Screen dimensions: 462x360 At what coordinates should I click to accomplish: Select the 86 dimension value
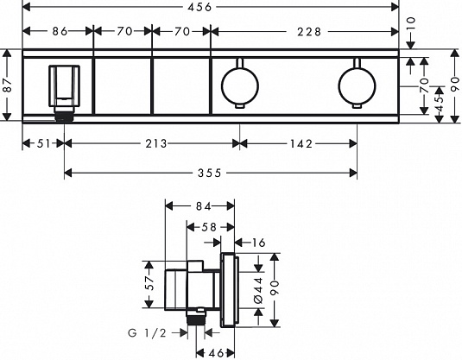tap(60, 31)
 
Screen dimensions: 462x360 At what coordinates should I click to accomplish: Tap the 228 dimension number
tap(309, 32)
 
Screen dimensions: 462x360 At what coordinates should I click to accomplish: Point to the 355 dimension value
tap(210, 173)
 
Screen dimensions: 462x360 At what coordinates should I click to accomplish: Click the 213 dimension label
tap(156, 144)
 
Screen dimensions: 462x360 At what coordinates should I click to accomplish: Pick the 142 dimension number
tap(301, 144)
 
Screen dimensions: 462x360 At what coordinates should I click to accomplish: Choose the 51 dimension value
tap(43, 144)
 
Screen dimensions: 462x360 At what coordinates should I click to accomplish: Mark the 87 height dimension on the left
tap(8, 85)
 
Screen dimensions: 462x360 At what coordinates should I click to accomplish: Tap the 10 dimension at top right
tap(410, 23)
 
